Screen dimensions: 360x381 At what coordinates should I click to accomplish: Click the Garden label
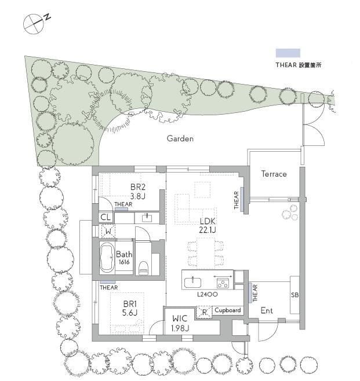click(x=180, y=138)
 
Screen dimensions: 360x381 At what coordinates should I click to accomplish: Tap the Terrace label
click(x=274, y=174)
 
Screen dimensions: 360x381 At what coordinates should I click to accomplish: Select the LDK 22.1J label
click(x=208, y=225)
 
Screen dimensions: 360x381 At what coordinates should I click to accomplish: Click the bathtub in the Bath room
click(x=107, y=258)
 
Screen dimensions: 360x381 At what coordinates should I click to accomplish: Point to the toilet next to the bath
click(x=143, y=268)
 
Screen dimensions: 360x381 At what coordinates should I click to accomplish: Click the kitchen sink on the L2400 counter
click(x=192, y=283)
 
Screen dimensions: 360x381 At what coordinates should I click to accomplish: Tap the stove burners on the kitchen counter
click(x=223, y=283)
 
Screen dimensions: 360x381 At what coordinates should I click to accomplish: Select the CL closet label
click(x=106, y=217)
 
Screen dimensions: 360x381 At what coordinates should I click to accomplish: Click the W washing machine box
click(x=108, y=232)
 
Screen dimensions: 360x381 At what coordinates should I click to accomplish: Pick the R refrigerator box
click(x=204, y=312)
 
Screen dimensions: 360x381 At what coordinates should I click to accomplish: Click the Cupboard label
click(x=228, y=310)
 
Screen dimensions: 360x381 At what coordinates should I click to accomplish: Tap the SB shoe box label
click(x=295, y=295)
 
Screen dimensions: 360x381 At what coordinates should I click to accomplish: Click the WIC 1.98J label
click(x=180, y=323)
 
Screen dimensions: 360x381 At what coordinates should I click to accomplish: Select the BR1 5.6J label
click(x=130, y=308)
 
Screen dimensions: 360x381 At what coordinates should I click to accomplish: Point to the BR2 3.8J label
click(x=137, y=192)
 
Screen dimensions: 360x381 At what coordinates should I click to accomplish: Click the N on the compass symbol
click(x=48, y=17)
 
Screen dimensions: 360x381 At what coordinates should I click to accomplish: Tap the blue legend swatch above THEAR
click(x=288, y=53)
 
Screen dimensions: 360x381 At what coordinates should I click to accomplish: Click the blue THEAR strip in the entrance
click(x=250, y=293)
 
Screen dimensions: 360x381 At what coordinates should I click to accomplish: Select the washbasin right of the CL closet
click(x=147, y=218)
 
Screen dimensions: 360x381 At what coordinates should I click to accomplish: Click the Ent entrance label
click(x=267, y=310)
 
